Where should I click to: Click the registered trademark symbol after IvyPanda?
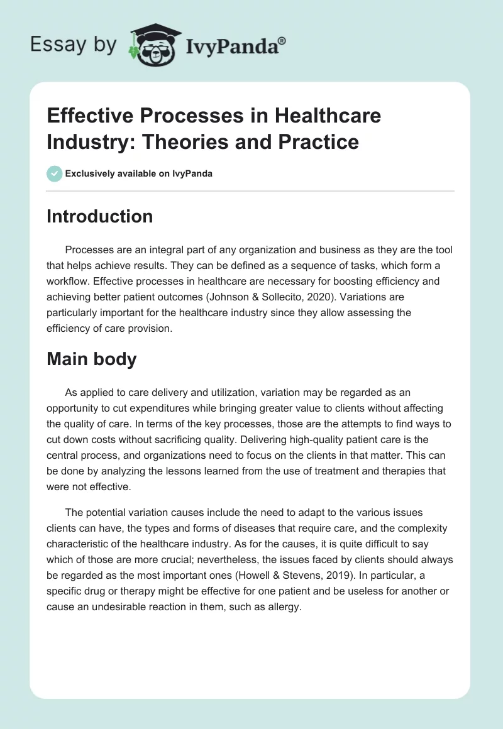282,41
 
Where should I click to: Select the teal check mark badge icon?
55,173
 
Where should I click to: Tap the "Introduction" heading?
100,216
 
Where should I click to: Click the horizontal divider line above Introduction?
251,190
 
